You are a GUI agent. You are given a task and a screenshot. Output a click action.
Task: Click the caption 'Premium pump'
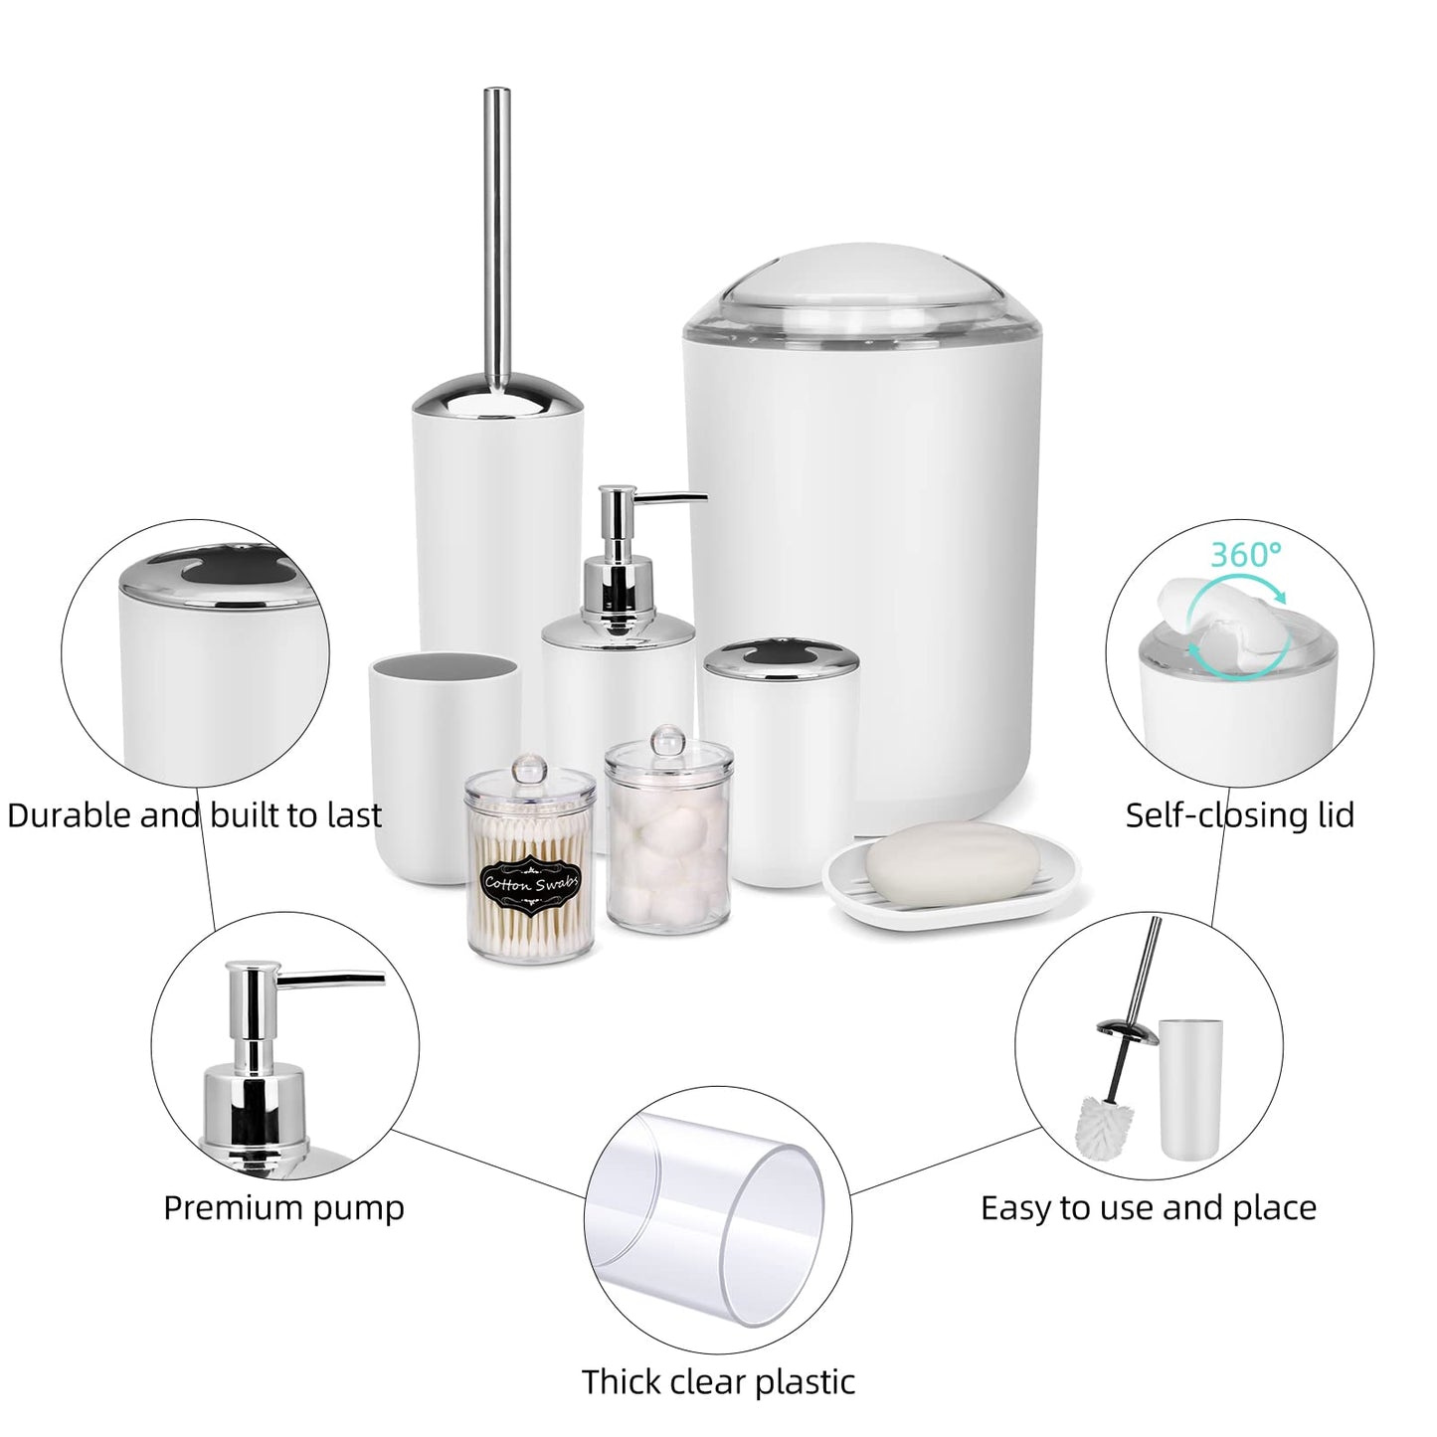tap(284, 1209)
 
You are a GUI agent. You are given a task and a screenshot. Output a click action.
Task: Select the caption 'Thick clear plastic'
tap(718, 1361)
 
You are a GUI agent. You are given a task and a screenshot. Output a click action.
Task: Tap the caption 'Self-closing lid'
tap(1239, 815)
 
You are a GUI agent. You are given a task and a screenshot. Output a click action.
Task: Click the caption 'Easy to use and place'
tap(1149, 1209)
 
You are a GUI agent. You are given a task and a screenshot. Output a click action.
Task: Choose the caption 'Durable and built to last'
tap(195, 815)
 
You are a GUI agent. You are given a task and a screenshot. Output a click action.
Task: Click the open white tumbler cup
tap(445, 768)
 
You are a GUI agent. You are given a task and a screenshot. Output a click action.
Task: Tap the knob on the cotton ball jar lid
tap(668, 741)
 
